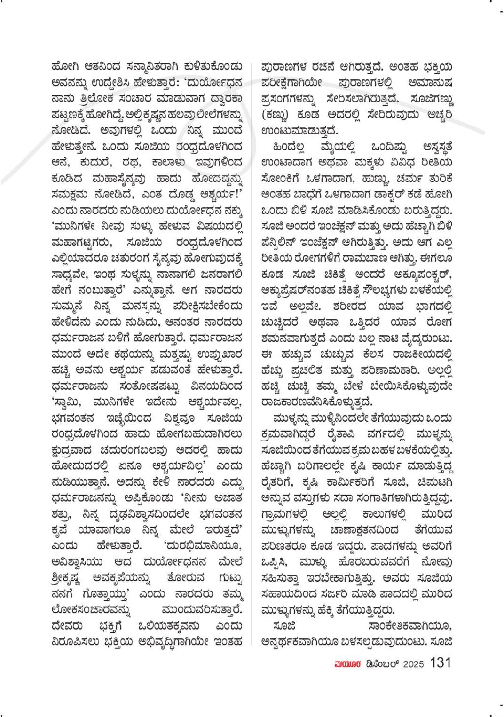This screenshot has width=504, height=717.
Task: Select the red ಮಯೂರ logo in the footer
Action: click(347, 664)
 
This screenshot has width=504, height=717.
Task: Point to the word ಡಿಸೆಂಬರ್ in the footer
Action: click(381, 664)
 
